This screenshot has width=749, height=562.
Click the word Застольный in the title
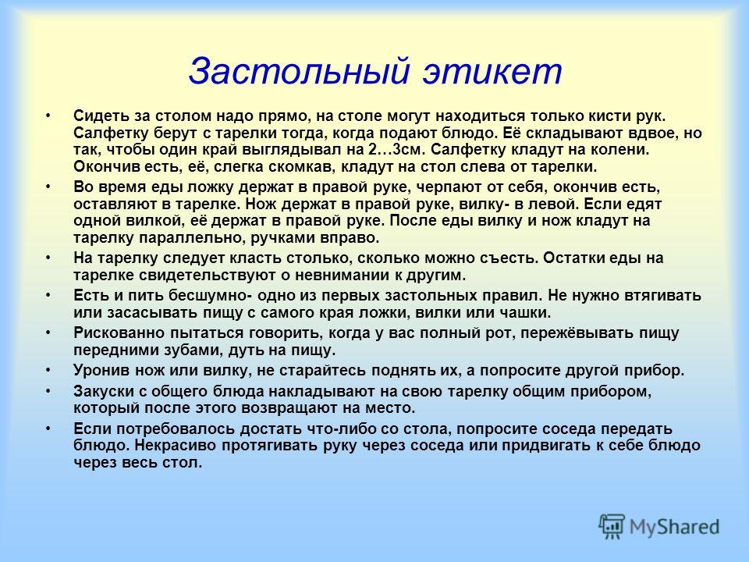(x=299, y=72)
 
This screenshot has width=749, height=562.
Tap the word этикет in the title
(x=492, y=72)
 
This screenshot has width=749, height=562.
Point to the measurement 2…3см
(x=396, y=150)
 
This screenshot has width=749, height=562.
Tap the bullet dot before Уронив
(x=48, y=370)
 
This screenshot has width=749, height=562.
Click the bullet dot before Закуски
(x=48, y=390)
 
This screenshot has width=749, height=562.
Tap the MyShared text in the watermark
(x=674, y=527)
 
